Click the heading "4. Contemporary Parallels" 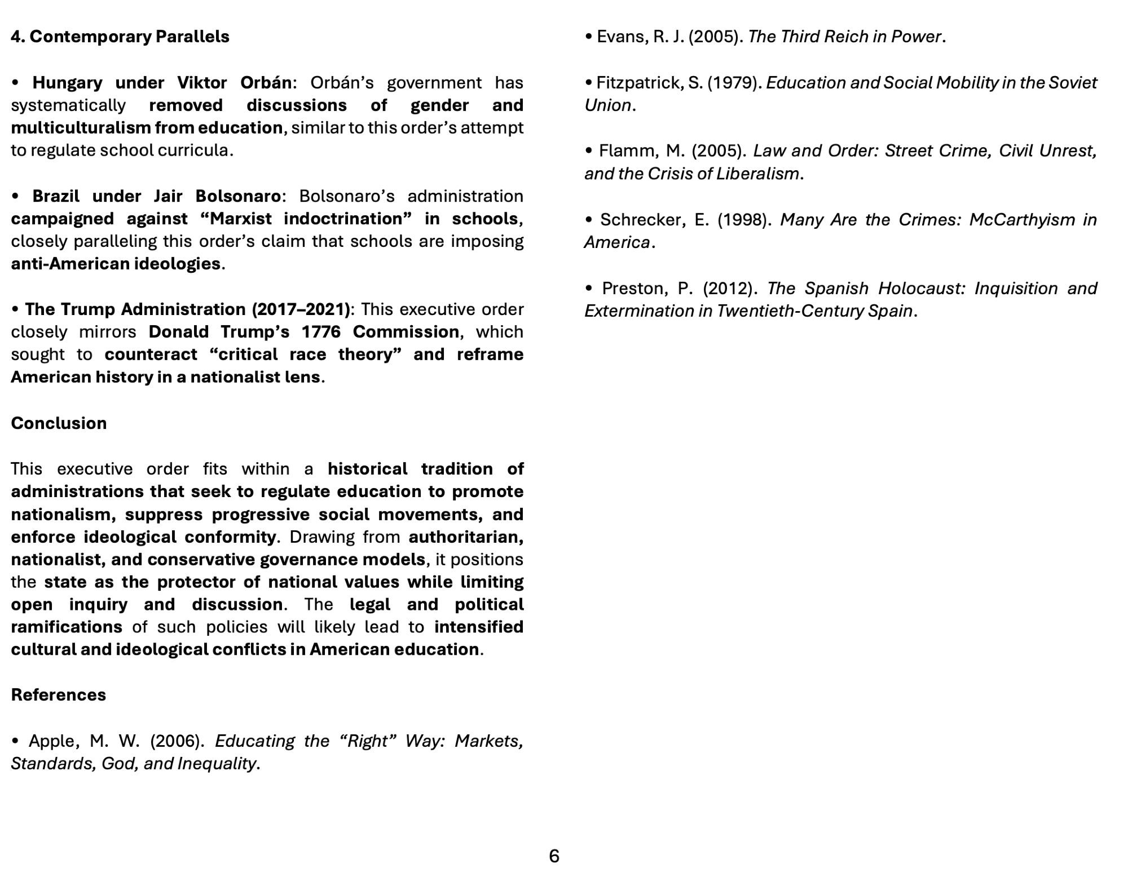[x=120, y=37]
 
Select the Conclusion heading [x=59, y=423]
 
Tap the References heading [x=59, y=695]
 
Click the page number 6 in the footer [x=554, y=856]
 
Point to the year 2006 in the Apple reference [x=177, y=741]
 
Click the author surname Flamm [x=623, y=151]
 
